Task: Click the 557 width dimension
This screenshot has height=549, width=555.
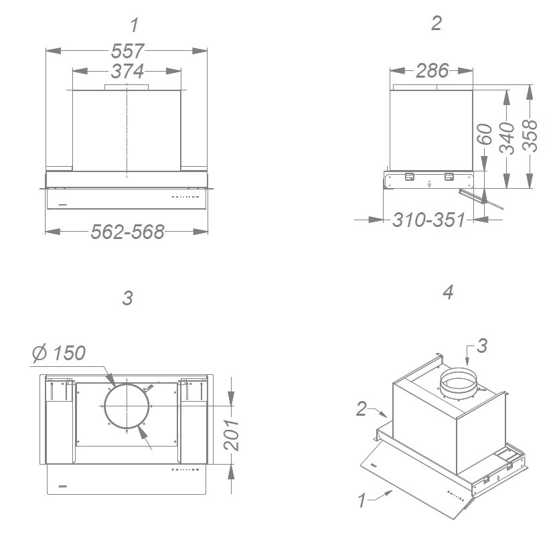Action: coord(127,51)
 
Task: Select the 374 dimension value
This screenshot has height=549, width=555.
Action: coord(127,71)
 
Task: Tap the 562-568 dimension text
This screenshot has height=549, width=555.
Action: coord(127,232)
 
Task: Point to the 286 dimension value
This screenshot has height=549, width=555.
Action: coord(432,71)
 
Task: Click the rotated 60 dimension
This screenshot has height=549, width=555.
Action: coord(485,134)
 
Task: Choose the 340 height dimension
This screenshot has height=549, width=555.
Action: coord(507,138)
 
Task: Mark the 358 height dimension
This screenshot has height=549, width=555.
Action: coord(530,135)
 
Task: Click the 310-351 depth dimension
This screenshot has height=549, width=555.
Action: coord(428,220)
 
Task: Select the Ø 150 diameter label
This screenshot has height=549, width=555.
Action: coord(59,353)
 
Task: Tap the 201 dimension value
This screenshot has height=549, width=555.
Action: coord(232,435)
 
